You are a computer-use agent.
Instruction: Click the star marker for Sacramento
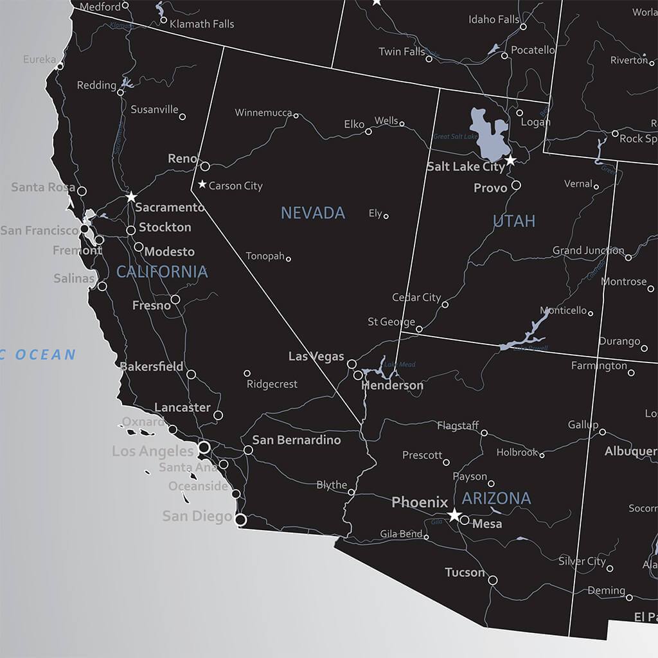click(x=131, y=197)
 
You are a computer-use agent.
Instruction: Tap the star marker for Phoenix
click(x=454, y=515)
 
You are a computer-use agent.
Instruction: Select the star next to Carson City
click(x=202, y=185)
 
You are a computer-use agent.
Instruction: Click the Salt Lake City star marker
click(x=510, y=159)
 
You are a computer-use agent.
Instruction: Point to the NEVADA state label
click(x=313, y=213)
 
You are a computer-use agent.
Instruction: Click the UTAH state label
click(x=514, y=221)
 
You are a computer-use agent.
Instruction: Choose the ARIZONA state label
click(x=496, y=498)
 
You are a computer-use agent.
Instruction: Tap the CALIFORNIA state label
click(x=162, y=272)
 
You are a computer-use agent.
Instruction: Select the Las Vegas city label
click(x=316, y=356)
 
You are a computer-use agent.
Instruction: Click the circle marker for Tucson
click(x=493, y=580)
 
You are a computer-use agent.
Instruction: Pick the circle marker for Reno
click(x=205, y=166)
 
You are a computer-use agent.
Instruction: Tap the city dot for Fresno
click(x=175, y=299)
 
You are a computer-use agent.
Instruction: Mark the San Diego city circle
click(x=241, y=519)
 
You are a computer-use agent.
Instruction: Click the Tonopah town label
click(x=265, y=256)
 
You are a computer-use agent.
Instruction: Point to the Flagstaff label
click(x=458, y=425)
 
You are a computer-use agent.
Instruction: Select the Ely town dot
click(x=386, y=217)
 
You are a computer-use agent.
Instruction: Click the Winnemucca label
click(x=263, y=113)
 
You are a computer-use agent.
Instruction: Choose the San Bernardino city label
click(x=296, y=440)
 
